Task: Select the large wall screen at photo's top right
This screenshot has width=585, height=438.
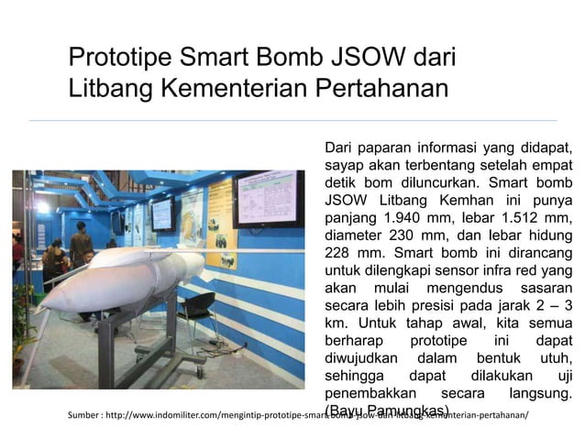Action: click(266, 198)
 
